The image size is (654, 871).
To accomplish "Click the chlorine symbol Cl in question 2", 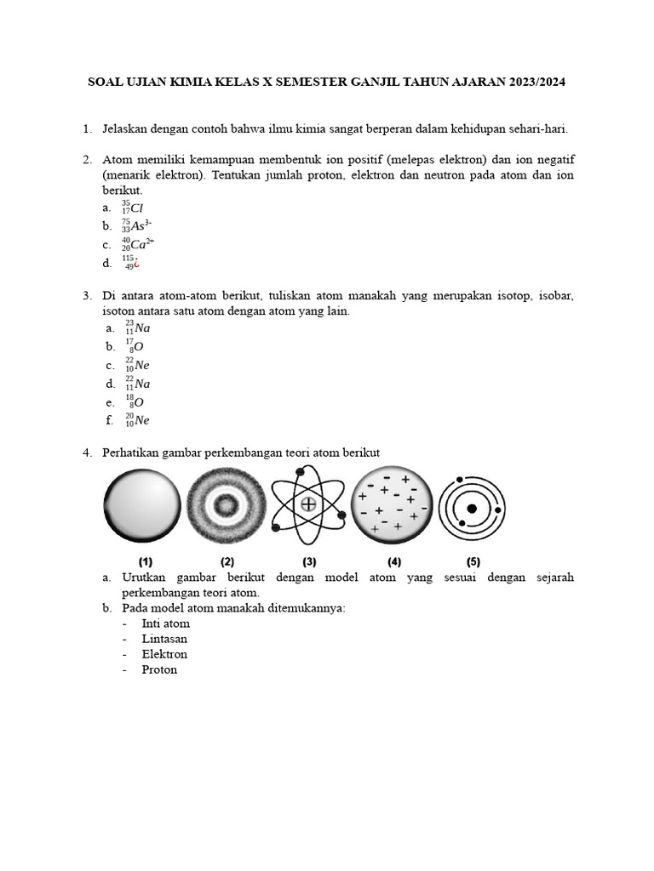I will pyautogui.click(x=137, y=208).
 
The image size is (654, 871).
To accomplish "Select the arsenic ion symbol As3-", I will pyautogui.click(x=141, y=226).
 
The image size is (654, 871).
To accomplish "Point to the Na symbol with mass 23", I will pyautogui.click(x=142, y=328).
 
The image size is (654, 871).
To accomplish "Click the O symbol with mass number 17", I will pyautogui.click(x=138, y=347).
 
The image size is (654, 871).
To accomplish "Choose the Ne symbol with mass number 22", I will pyautogui.click(x=142, y=365).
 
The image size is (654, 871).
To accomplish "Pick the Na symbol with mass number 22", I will pyautogui.click(x=142, y=384).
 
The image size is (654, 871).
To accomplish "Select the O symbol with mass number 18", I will pyautogui.click(x=138, y=402).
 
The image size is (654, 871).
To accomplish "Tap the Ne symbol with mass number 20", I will pyautogui.click(x=142, y=420).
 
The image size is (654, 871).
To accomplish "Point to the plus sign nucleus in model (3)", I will pyautogui.click(x=308, y=505).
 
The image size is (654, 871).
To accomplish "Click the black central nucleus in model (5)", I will pyautogui.click(x=471, y=509).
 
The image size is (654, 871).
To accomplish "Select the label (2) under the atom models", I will pyautogui.click(x=227, y=561).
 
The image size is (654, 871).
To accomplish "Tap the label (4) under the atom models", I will pyautogui.click(x=394, y=561).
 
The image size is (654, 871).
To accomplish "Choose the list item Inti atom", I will pyautogui.click(x=166, y=623).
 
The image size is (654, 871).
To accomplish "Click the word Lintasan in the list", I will pyautogui.click(x=164, y=639).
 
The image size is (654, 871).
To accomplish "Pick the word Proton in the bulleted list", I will pyautogui.click(x=159, y=669).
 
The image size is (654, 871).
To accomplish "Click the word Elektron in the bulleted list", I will pyautogui.click(x=164, y=654).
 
